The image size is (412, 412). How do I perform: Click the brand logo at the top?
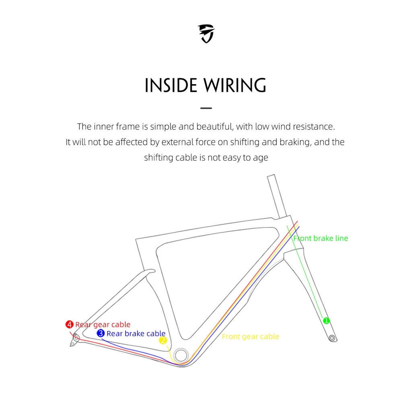click(206, 33)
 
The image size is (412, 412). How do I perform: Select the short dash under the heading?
click(206, 108)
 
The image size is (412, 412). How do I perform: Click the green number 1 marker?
click(326, 320)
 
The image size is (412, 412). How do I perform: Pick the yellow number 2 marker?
click(163, 341)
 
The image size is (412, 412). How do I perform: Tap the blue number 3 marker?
click(101, 333)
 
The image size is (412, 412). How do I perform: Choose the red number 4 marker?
click(70, 324)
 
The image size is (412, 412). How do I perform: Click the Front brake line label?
click(321, 238)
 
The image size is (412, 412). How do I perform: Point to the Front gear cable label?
click(250, 336)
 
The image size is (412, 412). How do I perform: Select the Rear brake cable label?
click(136, 333)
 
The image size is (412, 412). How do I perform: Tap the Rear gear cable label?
click(103, 324)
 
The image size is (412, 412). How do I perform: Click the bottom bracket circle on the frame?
click(181, 356)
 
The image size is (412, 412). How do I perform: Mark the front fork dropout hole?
click(332, 338)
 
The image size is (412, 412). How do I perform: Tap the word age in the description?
click(261, 157)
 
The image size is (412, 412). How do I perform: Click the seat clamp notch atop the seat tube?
click(148, 272)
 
